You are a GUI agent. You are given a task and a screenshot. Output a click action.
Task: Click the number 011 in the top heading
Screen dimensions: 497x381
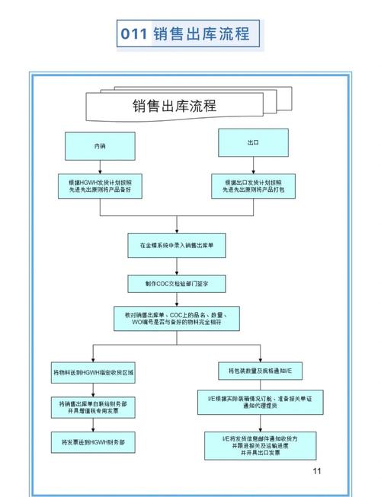(x=134, y=35)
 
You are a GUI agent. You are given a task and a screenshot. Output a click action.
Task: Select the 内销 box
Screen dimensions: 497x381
(x=99, y=145)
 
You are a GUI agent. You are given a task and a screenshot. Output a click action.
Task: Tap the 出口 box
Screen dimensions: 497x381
(x=253, y=142)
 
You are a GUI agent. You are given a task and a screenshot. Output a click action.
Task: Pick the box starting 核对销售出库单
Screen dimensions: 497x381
(x=177, y=318)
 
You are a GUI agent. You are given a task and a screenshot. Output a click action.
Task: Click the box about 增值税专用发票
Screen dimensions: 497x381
(x=93, y=406)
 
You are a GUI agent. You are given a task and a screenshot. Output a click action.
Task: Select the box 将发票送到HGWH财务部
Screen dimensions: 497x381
(x=93, y=441)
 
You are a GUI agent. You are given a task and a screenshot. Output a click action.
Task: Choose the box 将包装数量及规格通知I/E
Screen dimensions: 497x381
(x=254, y=371)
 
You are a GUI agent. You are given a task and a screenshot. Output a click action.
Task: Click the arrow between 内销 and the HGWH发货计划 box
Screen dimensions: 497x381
(x=99, y=167)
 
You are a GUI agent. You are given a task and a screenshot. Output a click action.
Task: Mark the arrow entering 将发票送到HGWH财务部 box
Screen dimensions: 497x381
(x=93, y=425)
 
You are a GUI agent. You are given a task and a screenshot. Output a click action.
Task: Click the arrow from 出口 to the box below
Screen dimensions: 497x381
(x=253, y=165)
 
